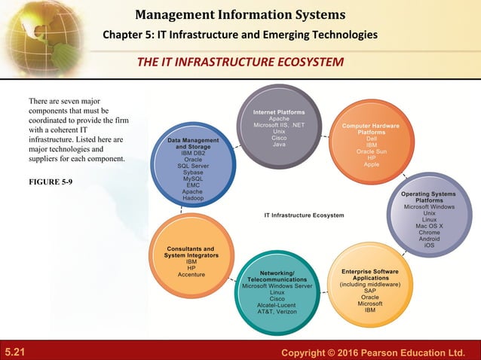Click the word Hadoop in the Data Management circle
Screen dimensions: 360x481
point(193,197)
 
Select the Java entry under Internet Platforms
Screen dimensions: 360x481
point(279,145)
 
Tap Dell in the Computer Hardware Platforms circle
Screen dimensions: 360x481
point(372,139)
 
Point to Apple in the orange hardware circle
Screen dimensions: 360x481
point(372,164)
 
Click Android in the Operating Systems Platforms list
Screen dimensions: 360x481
point(429,239)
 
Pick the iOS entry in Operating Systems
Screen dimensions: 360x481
point(429,245)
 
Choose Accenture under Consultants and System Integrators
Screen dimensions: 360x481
point(191,274)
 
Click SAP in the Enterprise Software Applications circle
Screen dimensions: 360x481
point(370,291)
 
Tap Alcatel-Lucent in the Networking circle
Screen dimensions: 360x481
point(277,305)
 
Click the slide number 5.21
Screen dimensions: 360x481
point(15,352)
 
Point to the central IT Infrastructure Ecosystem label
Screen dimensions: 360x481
point(304,215)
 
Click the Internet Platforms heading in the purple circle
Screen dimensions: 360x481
point(279,112)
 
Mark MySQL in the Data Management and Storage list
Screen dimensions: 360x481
point(193,178)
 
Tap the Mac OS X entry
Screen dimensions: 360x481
point(429,226)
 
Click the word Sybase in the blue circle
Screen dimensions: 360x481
point(193,172)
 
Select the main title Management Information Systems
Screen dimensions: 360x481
point(240,14)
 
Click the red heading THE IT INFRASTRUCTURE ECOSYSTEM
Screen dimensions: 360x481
point(240,61)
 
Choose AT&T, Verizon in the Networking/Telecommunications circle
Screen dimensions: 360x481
point(277,311)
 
